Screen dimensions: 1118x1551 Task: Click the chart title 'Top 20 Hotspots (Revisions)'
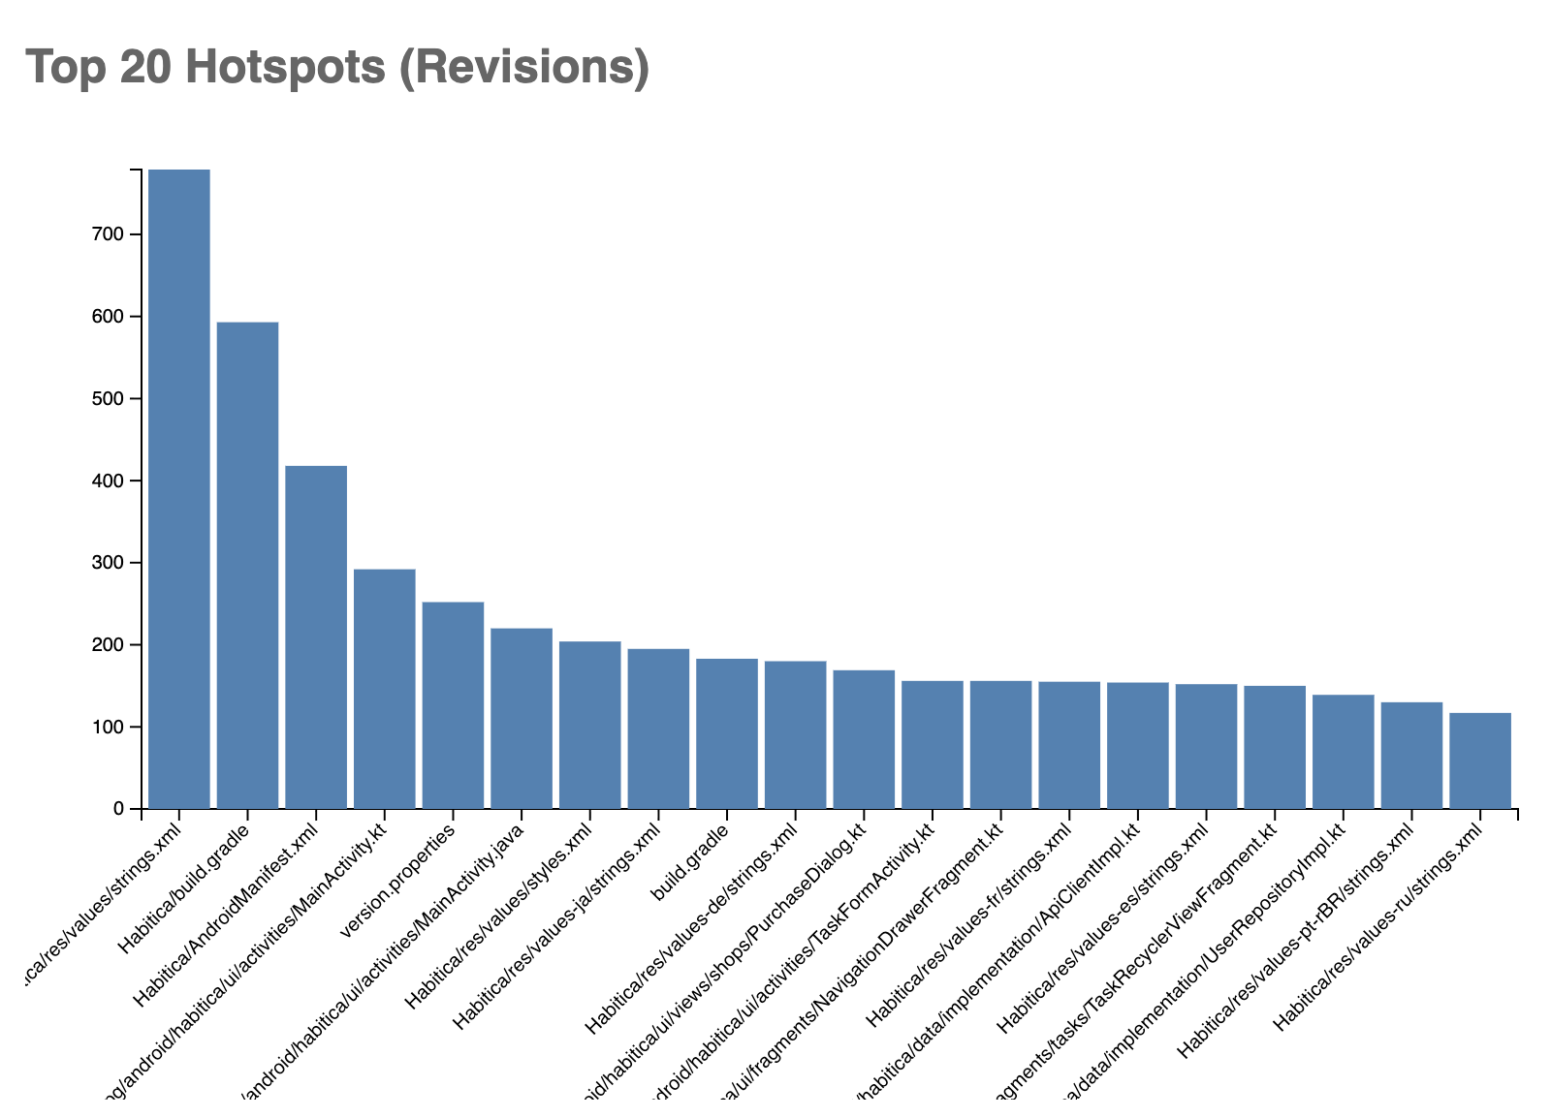point(337,69)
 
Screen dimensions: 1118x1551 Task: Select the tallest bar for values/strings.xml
point(179,488)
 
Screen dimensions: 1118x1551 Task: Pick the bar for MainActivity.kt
point(385,689)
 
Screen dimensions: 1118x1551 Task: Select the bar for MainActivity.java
point(522,718)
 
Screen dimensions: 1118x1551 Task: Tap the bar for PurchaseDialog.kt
point(864,739)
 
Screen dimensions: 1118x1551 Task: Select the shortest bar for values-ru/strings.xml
point(1480,761)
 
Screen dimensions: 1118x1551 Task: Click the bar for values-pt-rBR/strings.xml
point(1411,755)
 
